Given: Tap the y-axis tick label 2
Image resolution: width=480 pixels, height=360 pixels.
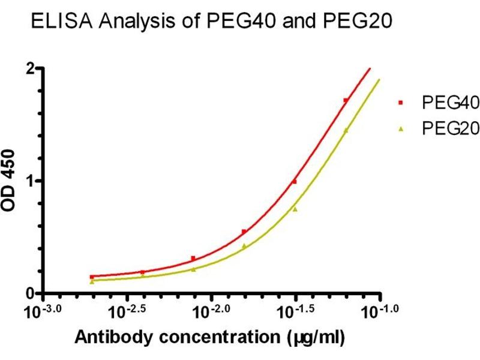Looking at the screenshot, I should click(29, 68).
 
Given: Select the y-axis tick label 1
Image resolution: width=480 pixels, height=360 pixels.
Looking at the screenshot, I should click(29, 181).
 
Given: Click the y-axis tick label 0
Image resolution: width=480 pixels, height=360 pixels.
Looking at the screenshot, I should click(29, 293).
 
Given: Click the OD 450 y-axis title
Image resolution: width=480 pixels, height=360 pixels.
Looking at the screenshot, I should click(10, 181).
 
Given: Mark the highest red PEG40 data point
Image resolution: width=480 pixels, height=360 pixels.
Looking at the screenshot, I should click(346, 100).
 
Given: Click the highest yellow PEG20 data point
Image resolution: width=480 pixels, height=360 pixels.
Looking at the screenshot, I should click(346, 130).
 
